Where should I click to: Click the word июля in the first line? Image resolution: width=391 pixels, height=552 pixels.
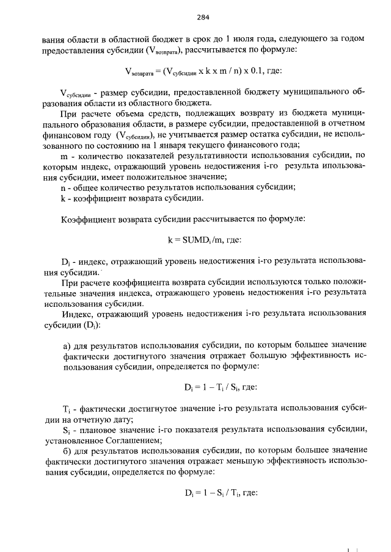click(x=252, y=39)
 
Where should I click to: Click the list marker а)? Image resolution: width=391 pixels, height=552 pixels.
click(x=68, y=346)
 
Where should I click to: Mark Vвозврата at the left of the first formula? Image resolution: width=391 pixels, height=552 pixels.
click(x=139, y=73)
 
